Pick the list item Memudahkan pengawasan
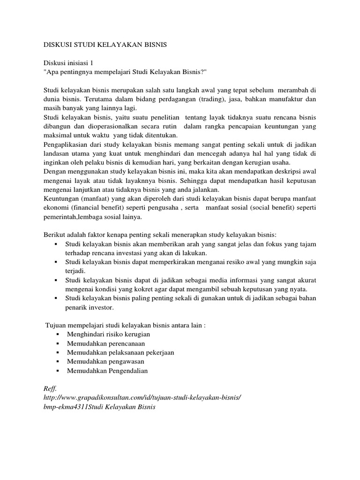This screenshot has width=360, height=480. click(105, 361)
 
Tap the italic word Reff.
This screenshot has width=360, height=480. click(49, 387)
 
